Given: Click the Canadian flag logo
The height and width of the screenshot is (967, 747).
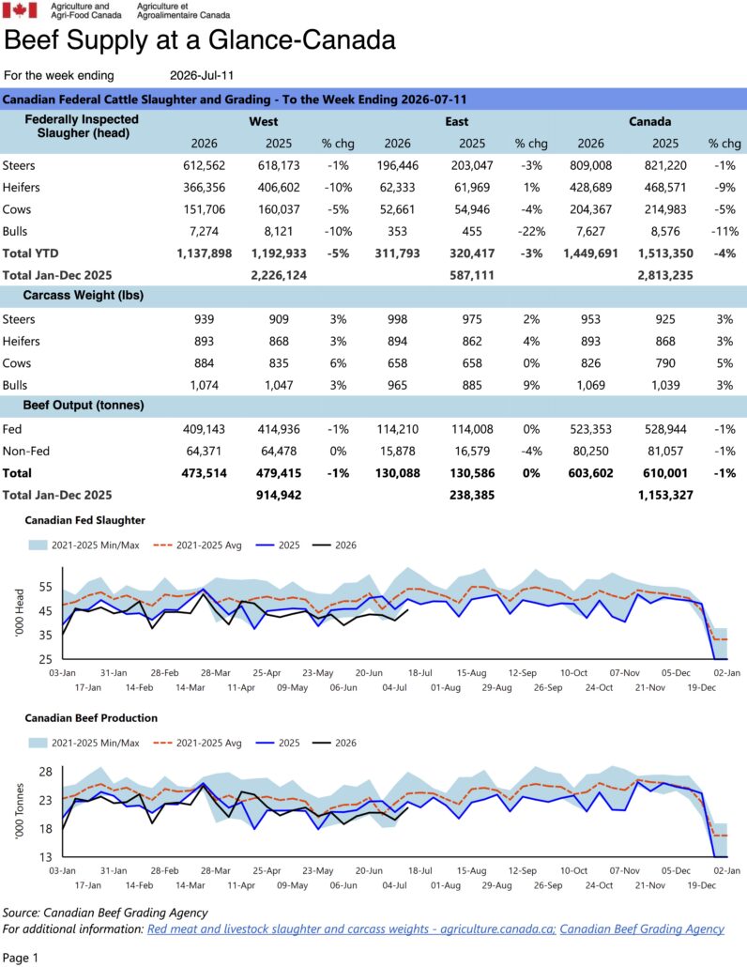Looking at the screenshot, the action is point(20,10).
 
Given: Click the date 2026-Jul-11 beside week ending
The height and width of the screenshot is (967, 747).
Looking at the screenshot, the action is point(202,75).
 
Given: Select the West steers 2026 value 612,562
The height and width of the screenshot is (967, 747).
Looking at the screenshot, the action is point(204,165).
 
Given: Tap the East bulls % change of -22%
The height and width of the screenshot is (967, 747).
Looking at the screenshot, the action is point(531,231).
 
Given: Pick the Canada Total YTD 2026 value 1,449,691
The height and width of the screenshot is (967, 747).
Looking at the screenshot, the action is point(590,253).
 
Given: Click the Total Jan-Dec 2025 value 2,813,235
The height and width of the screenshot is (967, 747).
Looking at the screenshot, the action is point(665,275).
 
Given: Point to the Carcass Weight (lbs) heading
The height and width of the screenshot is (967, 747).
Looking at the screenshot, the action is point(84,296).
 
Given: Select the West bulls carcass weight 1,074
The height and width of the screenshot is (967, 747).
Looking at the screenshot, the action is point(204,386).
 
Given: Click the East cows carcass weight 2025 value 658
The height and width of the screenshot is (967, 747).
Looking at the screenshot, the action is point(472,363).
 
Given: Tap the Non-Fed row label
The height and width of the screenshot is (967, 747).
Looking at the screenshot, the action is point(26,451).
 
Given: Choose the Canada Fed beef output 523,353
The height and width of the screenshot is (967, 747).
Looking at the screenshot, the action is point(590,429).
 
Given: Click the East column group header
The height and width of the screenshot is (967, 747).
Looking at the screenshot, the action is point(457,121).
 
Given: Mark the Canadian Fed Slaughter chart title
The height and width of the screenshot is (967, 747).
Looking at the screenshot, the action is point(85,520).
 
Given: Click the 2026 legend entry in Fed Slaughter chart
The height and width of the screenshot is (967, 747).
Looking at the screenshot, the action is point(335,545).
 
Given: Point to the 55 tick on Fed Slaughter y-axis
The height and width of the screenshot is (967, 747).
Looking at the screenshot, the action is point(46,587).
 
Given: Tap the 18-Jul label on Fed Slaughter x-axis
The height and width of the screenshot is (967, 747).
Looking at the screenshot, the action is point(419,673).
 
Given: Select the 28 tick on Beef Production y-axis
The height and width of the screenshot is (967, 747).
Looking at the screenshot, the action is point(46,772).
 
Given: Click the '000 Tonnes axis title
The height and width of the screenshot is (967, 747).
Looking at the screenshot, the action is point(19,811).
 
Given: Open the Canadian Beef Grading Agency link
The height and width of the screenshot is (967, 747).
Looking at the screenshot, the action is point(642,929).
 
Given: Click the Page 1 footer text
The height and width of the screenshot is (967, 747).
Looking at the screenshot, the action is point(21,958).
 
